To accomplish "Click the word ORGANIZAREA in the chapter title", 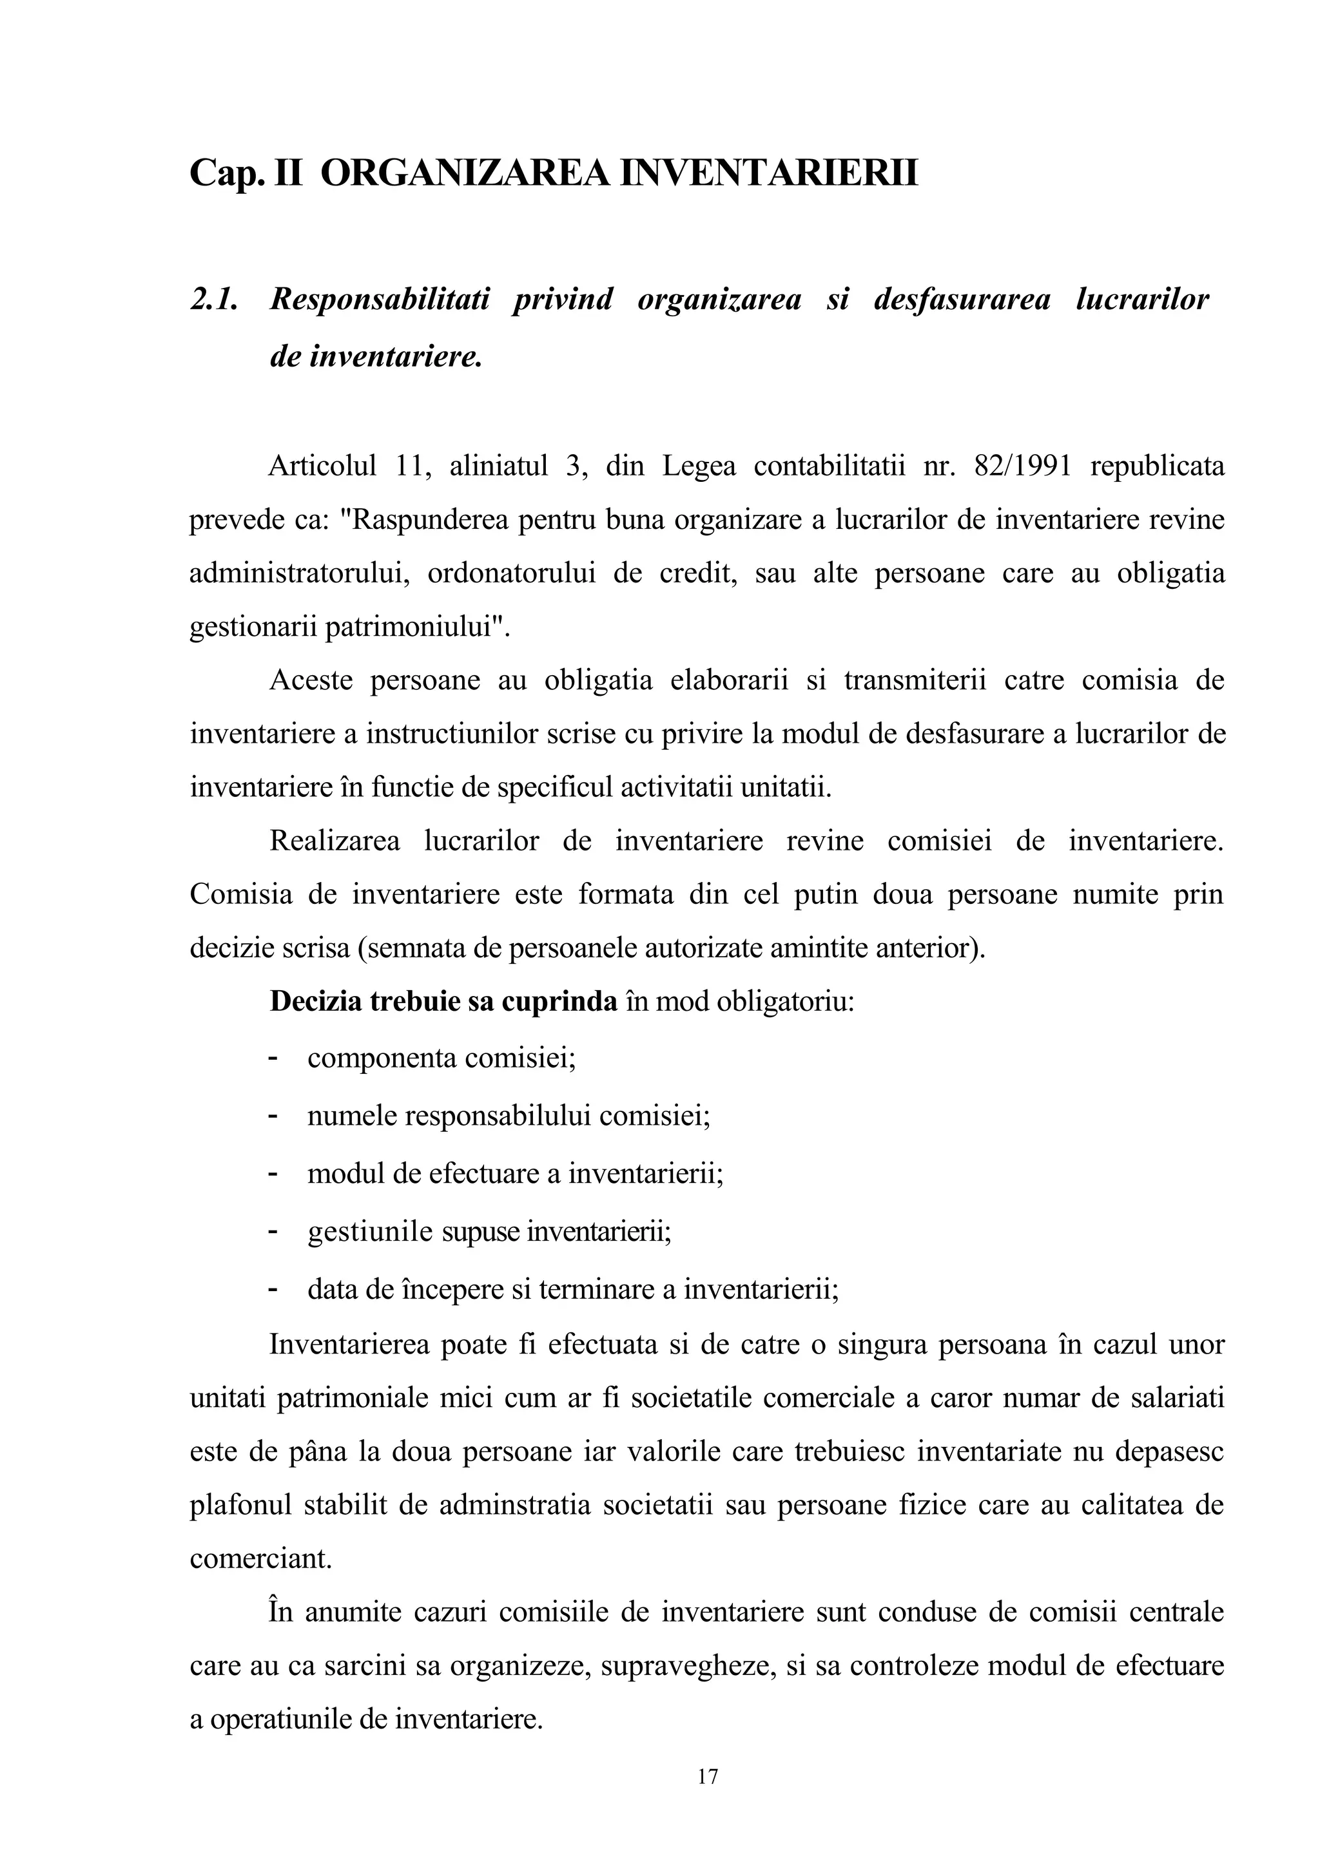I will (x=465, y=174).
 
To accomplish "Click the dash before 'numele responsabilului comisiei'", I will (x=273, y=1116).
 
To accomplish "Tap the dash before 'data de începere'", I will (x=273, y=1290).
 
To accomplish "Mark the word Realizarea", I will (x=335, y=841).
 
